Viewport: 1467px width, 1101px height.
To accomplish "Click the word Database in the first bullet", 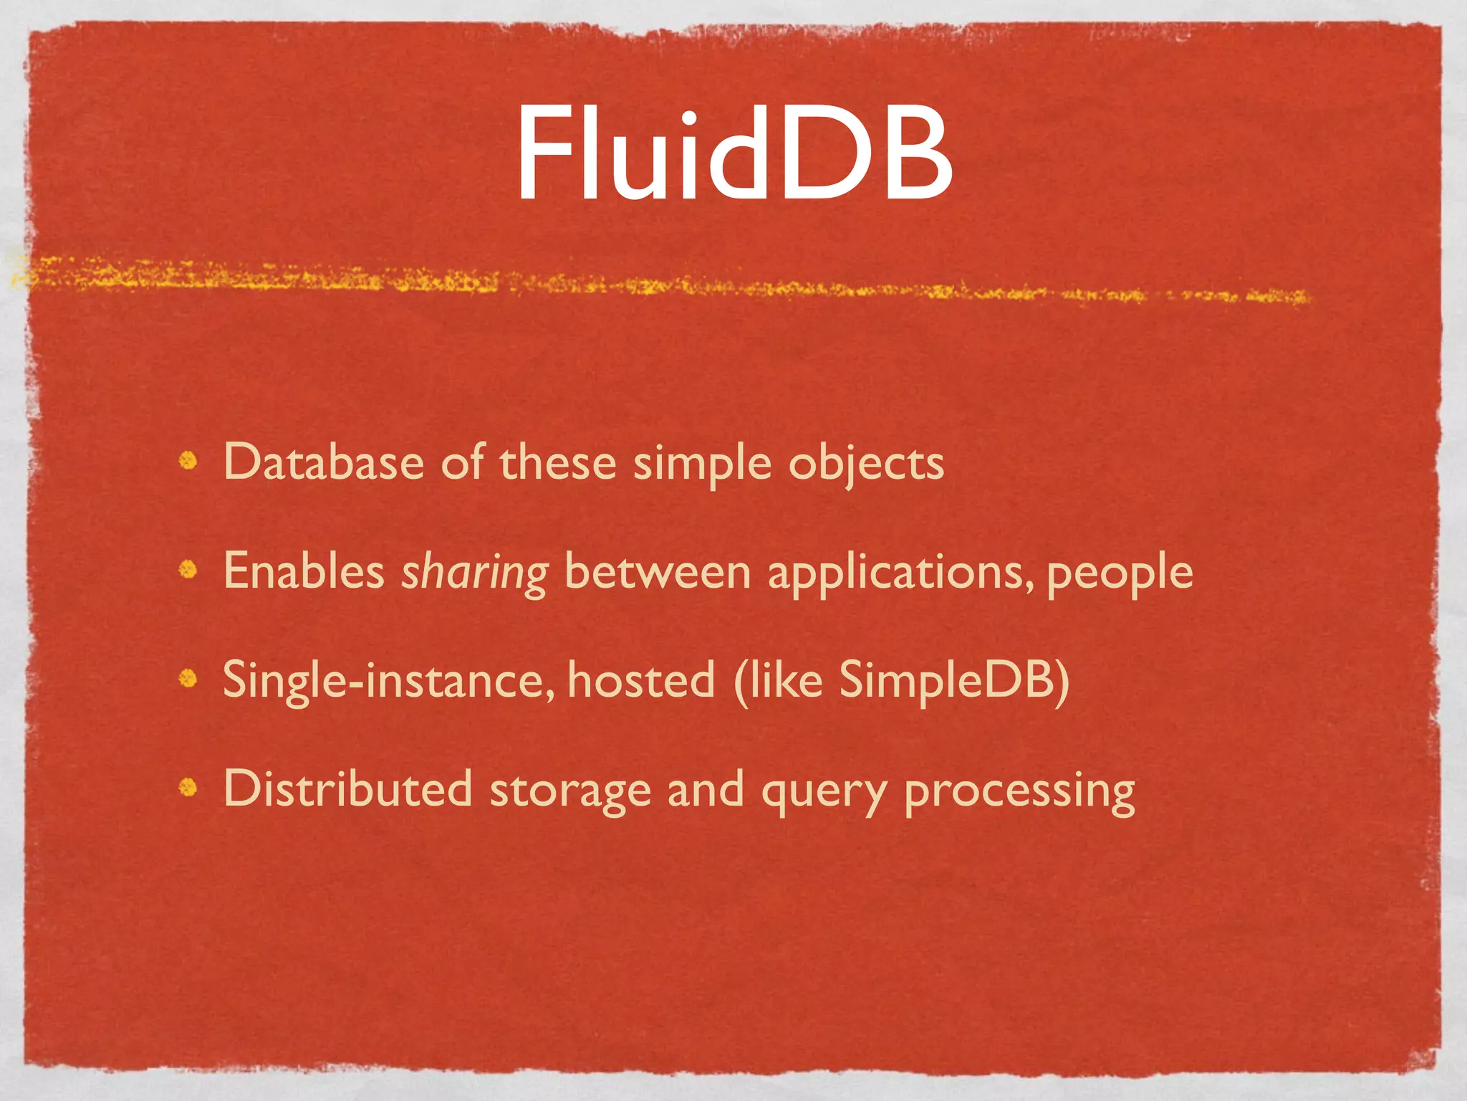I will [324, 462].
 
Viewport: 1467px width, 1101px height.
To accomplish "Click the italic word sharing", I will [474, 573].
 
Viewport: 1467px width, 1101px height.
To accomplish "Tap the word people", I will [1120, 573].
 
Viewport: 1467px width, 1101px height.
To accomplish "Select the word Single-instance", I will [388, 681].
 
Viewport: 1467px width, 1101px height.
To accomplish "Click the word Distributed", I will [348, 789].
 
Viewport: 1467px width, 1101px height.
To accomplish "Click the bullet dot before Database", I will [188, 460].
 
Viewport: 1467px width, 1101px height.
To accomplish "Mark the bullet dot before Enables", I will [188, 570].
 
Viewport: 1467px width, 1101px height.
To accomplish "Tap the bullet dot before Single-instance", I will [188, 678].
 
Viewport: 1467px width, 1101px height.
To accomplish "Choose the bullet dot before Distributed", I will [188, 788].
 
